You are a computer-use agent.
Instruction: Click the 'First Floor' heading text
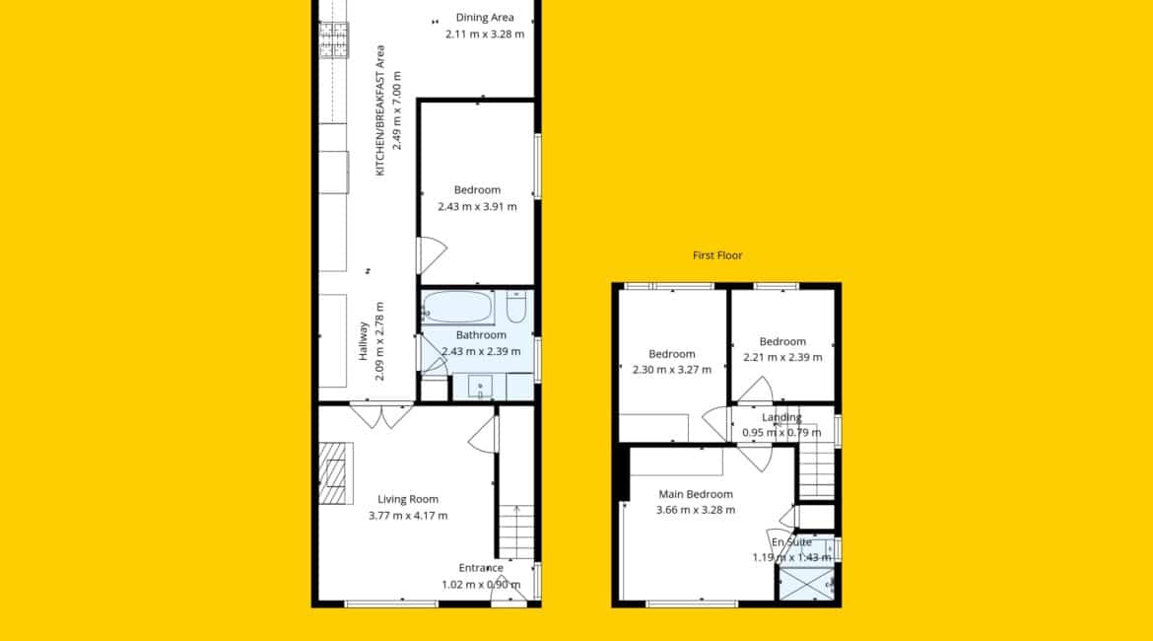tap(717, 255)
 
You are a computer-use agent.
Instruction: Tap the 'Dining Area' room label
tap(485, 18)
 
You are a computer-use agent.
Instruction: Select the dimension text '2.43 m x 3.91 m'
tap(477, 207)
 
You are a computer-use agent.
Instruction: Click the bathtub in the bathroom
tap(458, 308)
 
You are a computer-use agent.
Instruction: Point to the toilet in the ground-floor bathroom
tap(516, 307)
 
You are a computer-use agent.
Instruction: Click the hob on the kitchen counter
tap(334, 39)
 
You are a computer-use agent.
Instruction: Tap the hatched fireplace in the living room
tap(332, 473)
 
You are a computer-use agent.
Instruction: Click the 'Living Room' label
tap(408, 499)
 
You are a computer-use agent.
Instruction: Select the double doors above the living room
tap(381, 415)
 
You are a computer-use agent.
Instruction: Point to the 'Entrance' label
tap(481, 567)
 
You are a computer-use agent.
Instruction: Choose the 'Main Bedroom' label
tap(696, 494)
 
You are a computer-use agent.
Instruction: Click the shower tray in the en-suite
tap(807, 585)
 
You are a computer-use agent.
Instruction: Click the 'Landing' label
tap(781, 417)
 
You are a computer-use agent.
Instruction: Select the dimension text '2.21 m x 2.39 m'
tap(782, 358)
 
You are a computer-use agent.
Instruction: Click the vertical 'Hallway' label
tap(363, 341)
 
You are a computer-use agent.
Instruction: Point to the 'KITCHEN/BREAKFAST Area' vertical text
tap(380, 110)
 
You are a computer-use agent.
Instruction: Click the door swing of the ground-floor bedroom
tap(433, 255)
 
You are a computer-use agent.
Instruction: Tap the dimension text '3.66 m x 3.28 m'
tap(696, 509)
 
